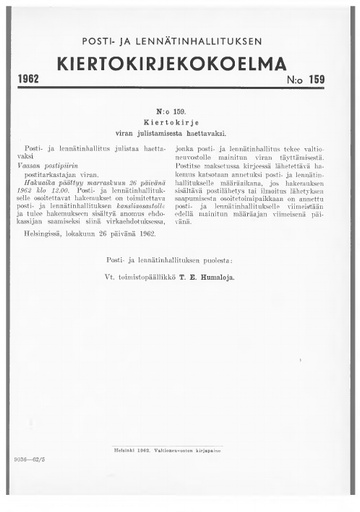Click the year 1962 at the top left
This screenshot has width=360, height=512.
coord(35,78)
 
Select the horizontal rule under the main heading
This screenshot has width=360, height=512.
coord(180,87)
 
